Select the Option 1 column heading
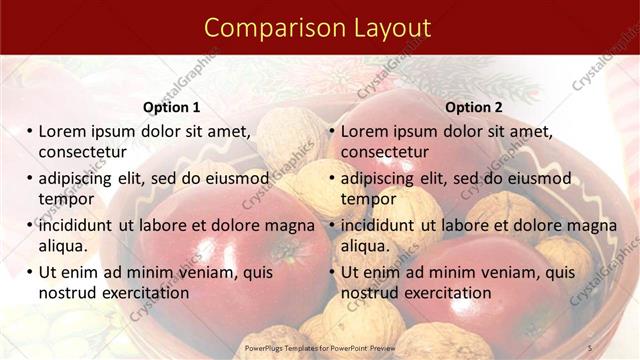(x=171, y=107)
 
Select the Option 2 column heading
(x=474, y=107)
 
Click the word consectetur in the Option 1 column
(x=82, y=152)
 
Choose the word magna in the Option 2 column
(x=590, y=225)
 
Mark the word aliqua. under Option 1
(x=63, y=246)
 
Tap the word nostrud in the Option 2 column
(x=369, y=293)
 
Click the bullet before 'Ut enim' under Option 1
(x=30, y=272)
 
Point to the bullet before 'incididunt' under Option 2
(x=333, y=225)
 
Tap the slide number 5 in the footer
(x=590, y=347)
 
